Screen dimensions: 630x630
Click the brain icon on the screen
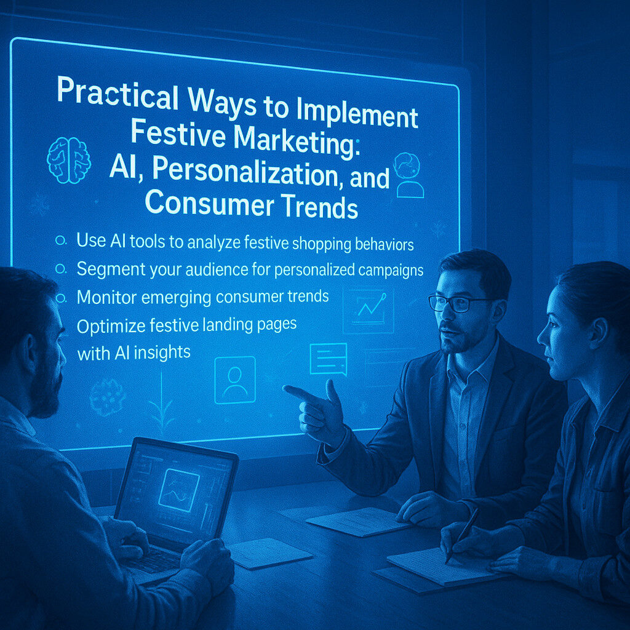click(x=69, y=160)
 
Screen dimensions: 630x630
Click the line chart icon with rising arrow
click(x=368, y=311)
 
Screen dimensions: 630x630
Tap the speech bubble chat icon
click(x=329, y=359)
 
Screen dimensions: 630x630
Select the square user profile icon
click(x=235, y=380)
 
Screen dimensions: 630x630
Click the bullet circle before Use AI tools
click(x=61, y=241)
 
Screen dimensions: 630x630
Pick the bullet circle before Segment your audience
click(x=61, y=268)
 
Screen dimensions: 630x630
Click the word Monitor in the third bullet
click(x=106, y=298)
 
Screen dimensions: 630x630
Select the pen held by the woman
click(x=462, y=535)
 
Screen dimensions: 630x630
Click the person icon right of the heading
click(x=409, y=175)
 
